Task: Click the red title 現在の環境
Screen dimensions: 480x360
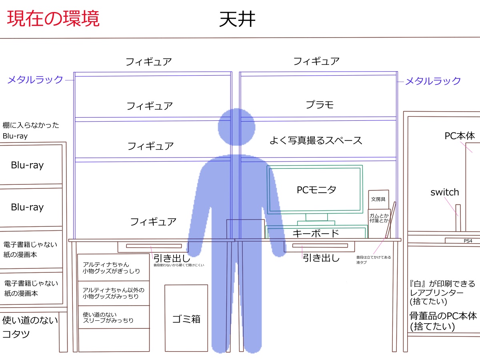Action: (x=53, y=18)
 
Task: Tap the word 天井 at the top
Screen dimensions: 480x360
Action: (x=237, y=19)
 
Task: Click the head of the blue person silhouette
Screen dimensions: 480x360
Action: (x=236, y=127)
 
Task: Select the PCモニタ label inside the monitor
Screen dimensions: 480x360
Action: (x=316, y=190)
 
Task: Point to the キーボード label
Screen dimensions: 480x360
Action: (x=316, y=234)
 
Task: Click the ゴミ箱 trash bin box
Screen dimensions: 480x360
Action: (x=186, y=318)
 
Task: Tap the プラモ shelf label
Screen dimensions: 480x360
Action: (x=320, y=105)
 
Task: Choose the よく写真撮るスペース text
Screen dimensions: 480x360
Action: (x=316, y=140)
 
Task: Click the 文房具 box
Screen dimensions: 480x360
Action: (x=378, y=199)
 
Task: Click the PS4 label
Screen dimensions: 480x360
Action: (x=468, y=241)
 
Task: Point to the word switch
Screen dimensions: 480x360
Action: (x=444, y=192)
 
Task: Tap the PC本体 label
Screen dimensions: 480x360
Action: (x=460, y=136)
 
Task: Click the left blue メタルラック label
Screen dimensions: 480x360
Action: (x=35, y=80)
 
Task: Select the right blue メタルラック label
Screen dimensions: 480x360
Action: (x=433, y=81)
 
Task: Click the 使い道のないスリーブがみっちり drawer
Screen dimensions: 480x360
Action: (x=114, y=317)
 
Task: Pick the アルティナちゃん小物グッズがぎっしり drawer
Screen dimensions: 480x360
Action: (x=114, y=268)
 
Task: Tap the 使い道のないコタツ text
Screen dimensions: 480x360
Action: (x=30, y=327)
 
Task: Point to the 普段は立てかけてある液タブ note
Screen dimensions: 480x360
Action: (x=374, y=260)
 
